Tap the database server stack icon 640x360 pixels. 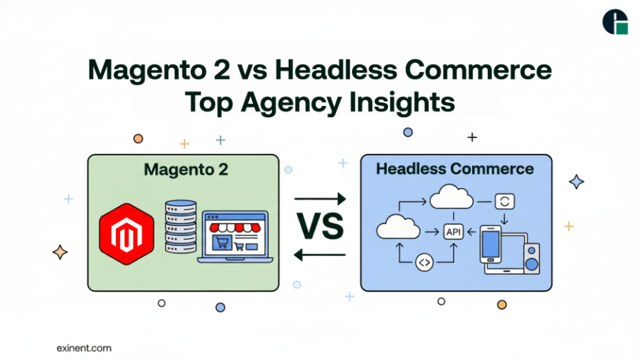tap(180, 227)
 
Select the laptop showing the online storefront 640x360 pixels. tap(235, 238)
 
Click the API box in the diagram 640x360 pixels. tap(453, 232)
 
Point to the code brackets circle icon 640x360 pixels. tap(424, 263)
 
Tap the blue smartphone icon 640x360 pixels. tap(491, 243)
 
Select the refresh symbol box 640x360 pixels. tap(504, 202)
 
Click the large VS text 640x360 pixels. tap(320, 227)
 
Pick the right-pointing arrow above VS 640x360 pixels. tap(320, 200)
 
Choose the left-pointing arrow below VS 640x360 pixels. tap(320, 255)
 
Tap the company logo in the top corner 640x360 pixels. tap(615, 22)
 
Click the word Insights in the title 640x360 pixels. tap(401, 102)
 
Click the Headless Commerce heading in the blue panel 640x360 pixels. tap(455, 169)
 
